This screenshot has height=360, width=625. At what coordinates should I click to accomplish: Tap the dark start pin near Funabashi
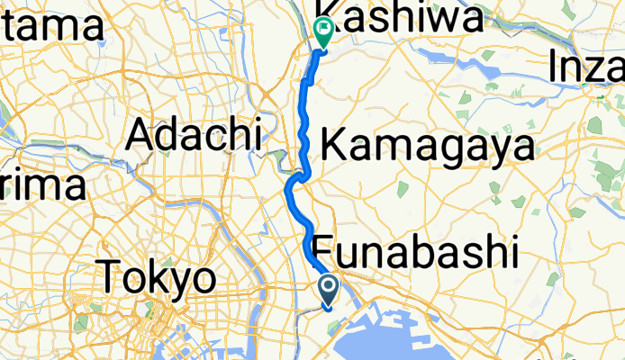[329, 290]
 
